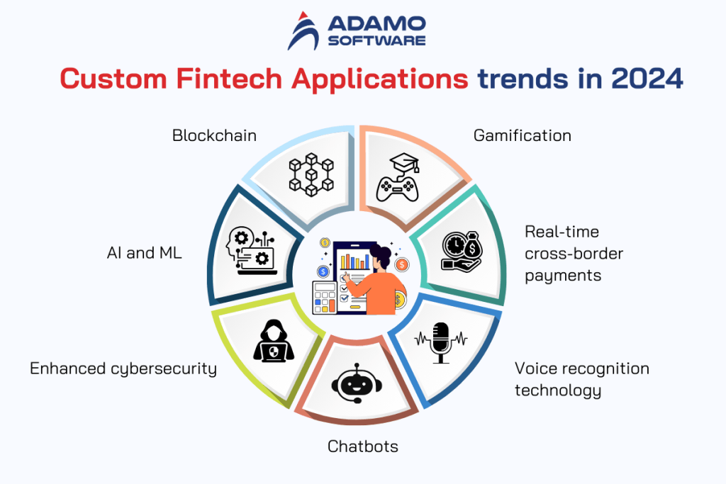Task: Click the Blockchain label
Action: coord(214,135)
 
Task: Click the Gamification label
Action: coord(522,135)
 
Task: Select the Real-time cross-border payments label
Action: coord(563,254)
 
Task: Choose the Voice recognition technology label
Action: coord(581,379)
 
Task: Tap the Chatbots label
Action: coord(362,446)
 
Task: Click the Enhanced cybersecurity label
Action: coord(123,368)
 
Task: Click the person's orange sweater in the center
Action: coord(383,291)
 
